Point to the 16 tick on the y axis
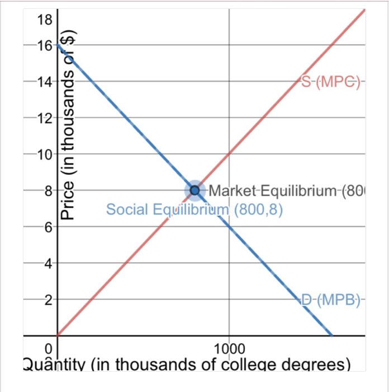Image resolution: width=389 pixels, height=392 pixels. click(44, 46)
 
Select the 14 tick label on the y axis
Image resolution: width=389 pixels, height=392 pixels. click(44, 82)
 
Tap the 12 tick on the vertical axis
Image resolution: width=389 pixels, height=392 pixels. click(44, 118)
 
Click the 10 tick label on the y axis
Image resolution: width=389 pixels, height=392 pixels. click(44, 154)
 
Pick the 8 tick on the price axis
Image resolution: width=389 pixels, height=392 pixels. click(47, 190)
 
